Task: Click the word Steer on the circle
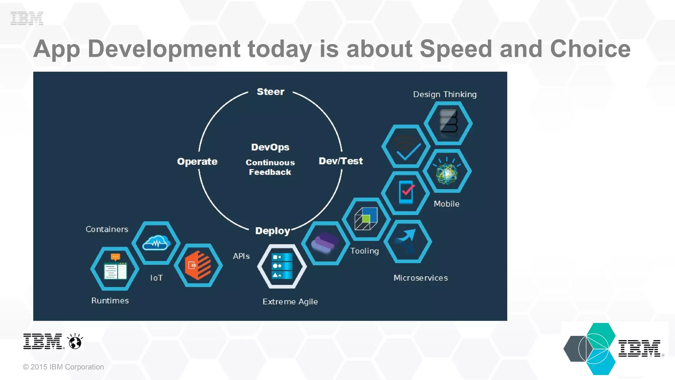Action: click(270, 92)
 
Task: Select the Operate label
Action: click(197, 161)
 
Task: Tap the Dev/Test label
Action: click(340, 161)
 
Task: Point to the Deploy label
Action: click(273, 231)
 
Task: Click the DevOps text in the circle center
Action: click(270, 147)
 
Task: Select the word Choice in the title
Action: click(590, 49)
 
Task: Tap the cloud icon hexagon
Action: click(156, 243)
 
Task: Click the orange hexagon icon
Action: click(198, 265)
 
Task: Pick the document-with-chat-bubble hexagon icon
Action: click(115, 268)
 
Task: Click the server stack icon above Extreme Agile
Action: click(282, 266)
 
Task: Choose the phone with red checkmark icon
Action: click(406, 192)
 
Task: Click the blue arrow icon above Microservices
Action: click(408, 241)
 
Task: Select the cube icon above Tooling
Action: click(366, 219)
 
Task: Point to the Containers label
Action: click(107, 229)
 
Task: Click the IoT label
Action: click(156, 278)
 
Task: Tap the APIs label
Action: click(241, 256)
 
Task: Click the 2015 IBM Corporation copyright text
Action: click(63, 367)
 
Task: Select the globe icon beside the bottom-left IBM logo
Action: click(75, 341)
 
